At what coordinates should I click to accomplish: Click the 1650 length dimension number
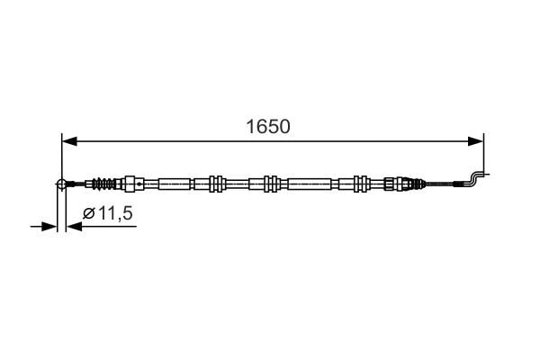click(269, 127)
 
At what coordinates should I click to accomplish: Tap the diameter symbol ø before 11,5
click(88, 213)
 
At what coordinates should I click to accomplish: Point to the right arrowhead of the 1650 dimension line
click(478, 141)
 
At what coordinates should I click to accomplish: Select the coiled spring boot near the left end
click(105, 184)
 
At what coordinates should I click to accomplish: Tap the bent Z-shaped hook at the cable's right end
click(474, 177)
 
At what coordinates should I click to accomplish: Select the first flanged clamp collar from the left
click(215, 184)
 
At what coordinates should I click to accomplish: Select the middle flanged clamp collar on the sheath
click(267, 184)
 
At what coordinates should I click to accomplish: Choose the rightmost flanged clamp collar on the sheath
click(361, 184)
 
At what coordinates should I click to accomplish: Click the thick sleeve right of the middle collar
click(310, 184)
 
